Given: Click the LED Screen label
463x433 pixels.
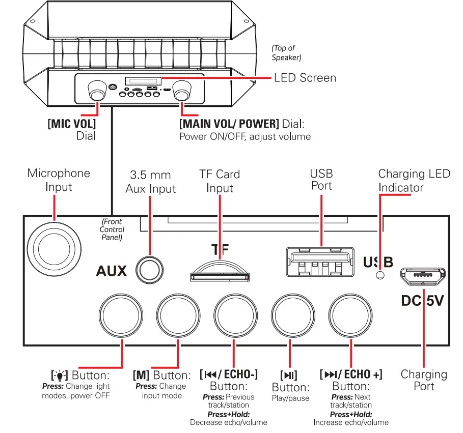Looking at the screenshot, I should [x=305, y=78].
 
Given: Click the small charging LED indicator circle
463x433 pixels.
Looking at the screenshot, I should [x=379, y=275].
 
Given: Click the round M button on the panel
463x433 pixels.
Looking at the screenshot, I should [x=177, y=314].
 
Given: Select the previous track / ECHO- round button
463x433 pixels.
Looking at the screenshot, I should [x=234, y=314].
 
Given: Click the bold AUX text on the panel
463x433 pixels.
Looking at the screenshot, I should [x=111, y=271].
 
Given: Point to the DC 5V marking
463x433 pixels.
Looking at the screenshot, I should [x=422, y=301].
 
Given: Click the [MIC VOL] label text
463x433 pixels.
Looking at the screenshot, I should [x=71, y=124].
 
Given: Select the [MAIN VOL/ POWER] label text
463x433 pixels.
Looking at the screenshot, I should [x=229, y=124].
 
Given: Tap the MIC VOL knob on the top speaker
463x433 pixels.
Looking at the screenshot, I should [x=97, y=93].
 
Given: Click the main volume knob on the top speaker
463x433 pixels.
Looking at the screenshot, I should [x=182, y=93].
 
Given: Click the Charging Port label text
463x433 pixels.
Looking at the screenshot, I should [x=424, y=380].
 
